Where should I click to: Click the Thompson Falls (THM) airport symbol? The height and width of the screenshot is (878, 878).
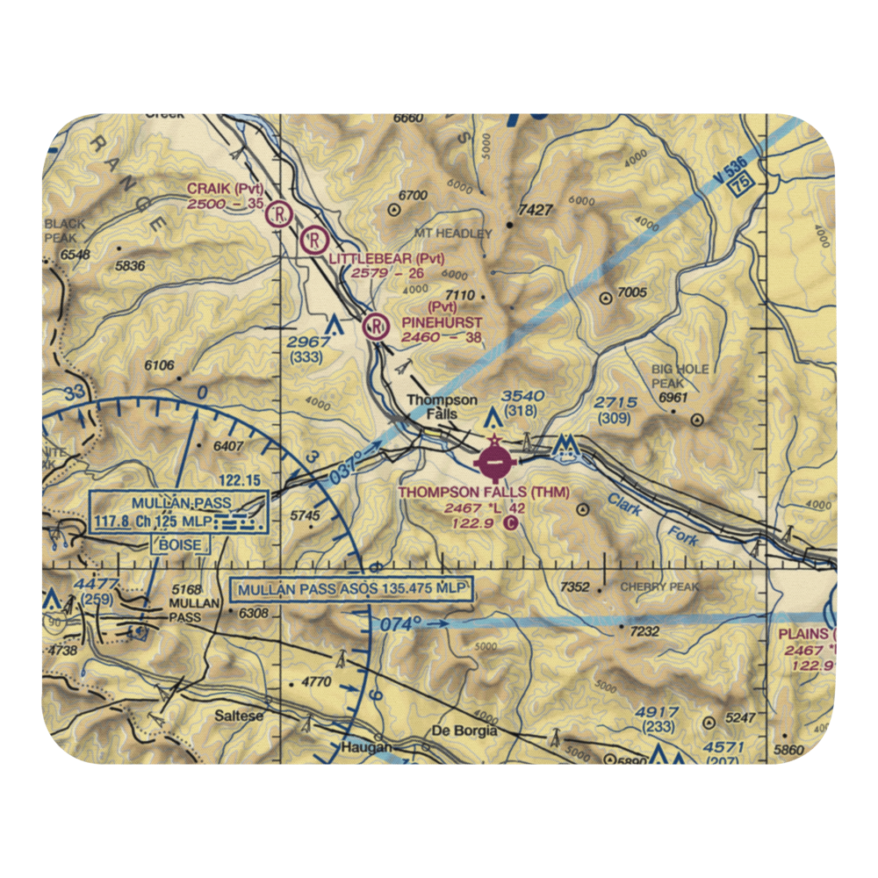494,458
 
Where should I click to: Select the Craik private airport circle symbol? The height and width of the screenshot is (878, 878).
280,212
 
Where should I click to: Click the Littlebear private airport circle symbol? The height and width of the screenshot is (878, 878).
313,240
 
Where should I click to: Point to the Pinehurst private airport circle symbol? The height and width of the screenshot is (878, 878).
375,327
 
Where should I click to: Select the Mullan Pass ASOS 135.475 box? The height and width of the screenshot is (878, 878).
350,588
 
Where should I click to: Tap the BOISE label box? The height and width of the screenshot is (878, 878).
180,544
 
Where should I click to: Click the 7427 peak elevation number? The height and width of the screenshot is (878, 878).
536,211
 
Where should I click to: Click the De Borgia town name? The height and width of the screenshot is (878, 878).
464,730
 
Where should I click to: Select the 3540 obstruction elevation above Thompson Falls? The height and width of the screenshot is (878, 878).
522,396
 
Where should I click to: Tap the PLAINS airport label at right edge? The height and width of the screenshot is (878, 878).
806,634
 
